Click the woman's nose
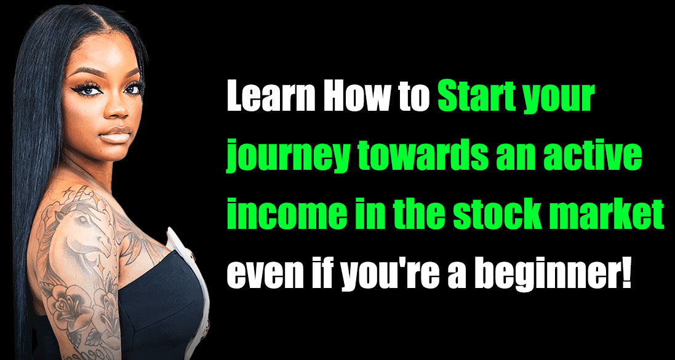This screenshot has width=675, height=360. coord(114,110)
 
